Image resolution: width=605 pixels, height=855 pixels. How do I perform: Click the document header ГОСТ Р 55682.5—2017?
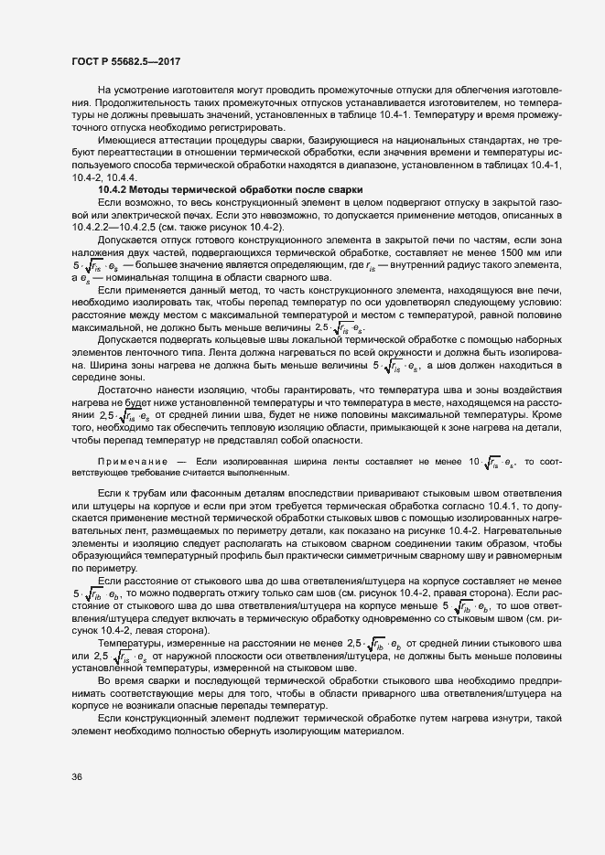tap(126, 59)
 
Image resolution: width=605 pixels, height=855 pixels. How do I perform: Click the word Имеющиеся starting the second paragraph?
tap(126, 142)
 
